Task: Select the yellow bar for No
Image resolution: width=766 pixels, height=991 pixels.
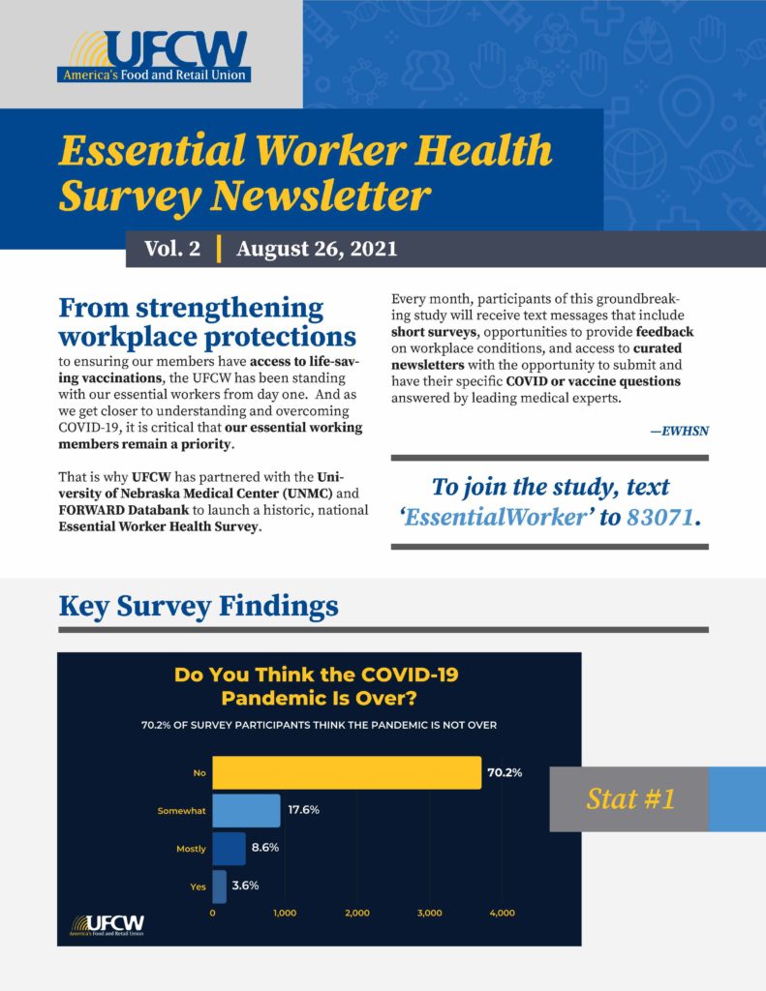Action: pyautogui.click(x=347, y=772)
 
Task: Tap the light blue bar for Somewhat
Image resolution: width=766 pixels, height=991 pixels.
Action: pyautogui.click(x=246, y=810)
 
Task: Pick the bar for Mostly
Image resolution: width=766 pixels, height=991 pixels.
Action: pyautogui.click(x=229, y=848)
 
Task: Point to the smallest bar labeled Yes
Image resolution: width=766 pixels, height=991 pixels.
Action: pyautogui.click(x=219, y=886)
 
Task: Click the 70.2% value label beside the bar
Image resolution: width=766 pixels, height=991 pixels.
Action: pyautogui.click(x=505, y=772)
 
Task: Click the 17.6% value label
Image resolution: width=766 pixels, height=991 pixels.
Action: pyautogui.click(x=304, y=810)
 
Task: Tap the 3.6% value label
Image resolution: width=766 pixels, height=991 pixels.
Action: pyautogui.click(x=246, y=886)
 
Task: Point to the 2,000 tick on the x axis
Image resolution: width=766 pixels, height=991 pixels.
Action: pyautogui.click(x=357, y=913)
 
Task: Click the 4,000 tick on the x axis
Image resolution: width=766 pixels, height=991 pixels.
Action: pyautogui.click(x=502, y=913)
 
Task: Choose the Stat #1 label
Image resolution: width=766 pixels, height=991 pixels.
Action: pyautogui.click(x=630, y=799)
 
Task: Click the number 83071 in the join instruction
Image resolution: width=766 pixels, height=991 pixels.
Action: pyautogui.click(x=660, y=518)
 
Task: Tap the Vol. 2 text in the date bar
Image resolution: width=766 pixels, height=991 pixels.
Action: pyautogui.click(x=171, y=249)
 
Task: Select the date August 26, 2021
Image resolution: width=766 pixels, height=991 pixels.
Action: pyautogui.click(x=317, y=249)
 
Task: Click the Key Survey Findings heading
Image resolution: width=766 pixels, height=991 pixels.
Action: pyautogui.click(x=199, y=607)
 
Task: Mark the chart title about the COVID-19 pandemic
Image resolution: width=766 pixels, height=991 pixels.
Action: pyautogui.click(x=316, y=685)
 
